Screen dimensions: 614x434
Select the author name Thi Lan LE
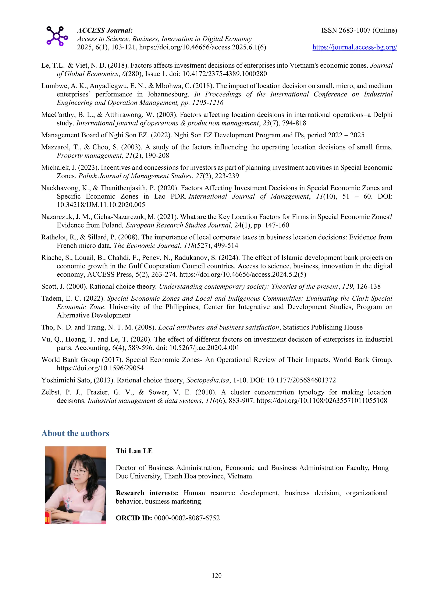[x=134, y=451]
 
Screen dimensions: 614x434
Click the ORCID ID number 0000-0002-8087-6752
[x=187, y=518]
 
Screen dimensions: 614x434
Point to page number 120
[x=216, y=575]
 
